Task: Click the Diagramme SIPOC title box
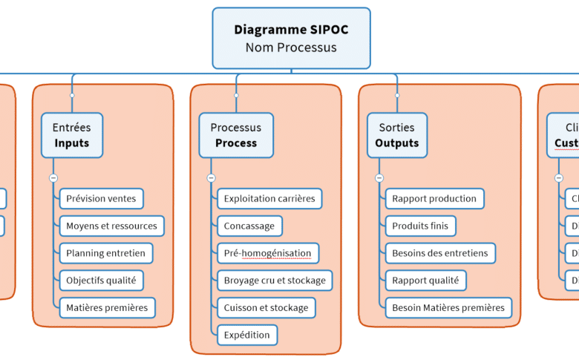pos(291,39)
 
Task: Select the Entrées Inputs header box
pos(72,135)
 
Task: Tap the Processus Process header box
pos(236,135)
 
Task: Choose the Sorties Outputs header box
pos(397,135)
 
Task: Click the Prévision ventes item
pos(101,198)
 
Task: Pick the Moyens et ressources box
pos(111,226)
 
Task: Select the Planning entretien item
pos(105,253)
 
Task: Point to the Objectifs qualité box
pos(101,280)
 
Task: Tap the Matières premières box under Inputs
pos(107,307)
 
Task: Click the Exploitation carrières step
pos(269,198)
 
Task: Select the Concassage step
pos(249,226)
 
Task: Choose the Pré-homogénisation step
pos(267,253)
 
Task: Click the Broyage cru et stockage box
pos(275,280)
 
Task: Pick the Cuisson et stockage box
pos(266,307)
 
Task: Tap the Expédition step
pos(247,335)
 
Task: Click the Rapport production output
pos(434,198)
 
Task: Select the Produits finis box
pos(420,226)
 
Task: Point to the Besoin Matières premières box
pos(448,307)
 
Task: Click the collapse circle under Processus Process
pos(211,178)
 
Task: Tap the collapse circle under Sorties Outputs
pos(379,178)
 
